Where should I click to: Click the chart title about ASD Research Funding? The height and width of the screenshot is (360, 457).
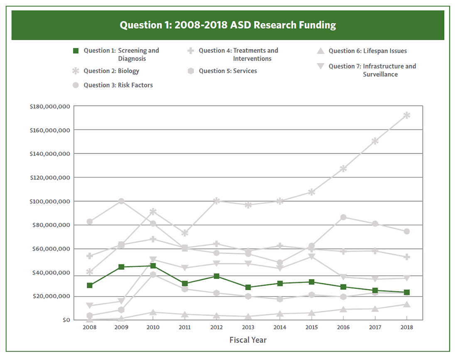(x=228, y=25)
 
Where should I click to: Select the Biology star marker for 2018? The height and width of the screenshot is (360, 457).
(x=407, y=115)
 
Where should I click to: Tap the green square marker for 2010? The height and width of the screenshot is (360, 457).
(x=153, y=266)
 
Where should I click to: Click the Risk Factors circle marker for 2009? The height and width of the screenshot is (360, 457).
(x=121, y=201)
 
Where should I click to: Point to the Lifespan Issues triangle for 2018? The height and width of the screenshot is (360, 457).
(x=407, y=304)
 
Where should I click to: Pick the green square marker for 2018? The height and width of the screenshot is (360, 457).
(x=407, y=292)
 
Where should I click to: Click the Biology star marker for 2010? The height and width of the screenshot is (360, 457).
(x=153, y=212)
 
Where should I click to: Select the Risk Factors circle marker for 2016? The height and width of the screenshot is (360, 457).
(x=343, y=217)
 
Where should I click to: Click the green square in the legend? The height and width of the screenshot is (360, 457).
(x=76, y=51)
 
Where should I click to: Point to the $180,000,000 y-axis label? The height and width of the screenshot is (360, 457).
(x=49, y=106)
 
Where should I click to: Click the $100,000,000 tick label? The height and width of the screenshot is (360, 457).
(x=49, y=201)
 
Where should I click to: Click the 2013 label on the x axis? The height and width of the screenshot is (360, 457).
(x=248, y=327)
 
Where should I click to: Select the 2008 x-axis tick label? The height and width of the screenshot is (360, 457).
(x=89, y=327)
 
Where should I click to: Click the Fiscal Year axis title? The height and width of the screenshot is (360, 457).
(x=248, y=340)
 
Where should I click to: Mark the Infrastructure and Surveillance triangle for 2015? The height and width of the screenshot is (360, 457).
(x=312, y=257)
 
